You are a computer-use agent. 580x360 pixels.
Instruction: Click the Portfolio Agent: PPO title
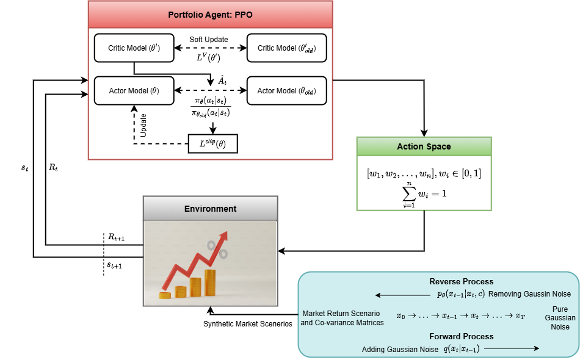(210, 14)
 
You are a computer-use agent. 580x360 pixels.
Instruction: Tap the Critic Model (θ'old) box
(286, 48)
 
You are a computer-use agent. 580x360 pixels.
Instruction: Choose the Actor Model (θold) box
(286, 90)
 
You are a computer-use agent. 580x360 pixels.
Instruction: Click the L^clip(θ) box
(212, 143)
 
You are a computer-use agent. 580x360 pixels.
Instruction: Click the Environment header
(210, 209)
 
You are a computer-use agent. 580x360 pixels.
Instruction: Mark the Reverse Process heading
(462, 281)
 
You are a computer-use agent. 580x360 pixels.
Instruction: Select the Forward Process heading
(462, 336)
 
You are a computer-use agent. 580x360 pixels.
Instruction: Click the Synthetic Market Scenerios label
(247, 323)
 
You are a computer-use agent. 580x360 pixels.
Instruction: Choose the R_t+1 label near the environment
(117, 237)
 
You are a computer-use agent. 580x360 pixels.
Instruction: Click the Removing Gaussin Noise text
(522, 294)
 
